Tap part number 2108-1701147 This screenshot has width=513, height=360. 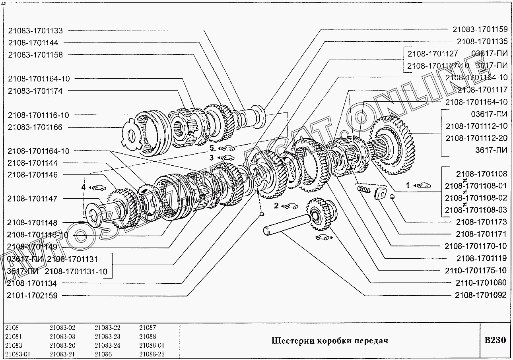(x=33, y=199)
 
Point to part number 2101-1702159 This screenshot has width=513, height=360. (x=32, y=296)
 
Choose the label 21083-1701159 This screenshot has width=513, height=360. (x=480, y=29)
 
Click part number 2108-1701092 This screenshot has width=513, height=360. (x=481, y=295)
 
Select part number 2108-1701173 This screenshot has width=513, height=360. (x=481, y=222)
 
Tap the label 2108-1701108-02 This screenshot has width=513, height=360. (x=476, y=198)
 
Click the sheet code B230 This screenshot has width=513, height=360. (x=495, y=341)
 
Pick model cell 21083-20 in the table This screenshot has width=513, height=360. (x=62, y=345)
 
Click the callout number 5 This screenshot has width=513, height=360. (x=212, y=149)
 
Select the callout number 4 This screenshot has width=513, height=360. (x=84, y=187)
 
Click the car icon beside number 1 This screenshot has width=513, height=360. (x=424, y=185)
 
